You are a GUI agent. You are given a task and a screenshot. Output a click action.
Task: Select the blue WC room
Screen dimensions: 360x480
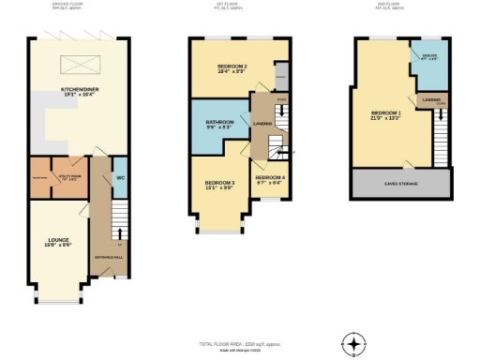click(x=120, y=178)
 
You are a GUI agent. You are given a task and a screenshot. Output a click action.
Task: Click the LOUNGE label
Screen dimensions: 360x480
click(x=58, y=243)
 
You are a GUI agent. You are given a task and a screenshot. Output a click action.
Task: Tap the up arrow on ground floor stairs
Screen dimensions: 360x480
click(x=119, y=243)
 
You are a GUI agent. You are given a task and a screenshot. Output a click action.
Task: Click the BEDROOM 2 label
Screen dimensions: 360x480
click(x=232, y=68)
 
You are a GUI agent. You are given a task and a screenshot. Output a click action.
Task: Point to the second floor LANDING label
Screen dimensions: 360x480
click(x=431, y=100)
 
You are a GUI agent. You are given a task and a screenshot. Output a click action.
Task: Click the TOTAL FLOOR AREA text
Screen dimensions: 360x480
click(x=239, y=344)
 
